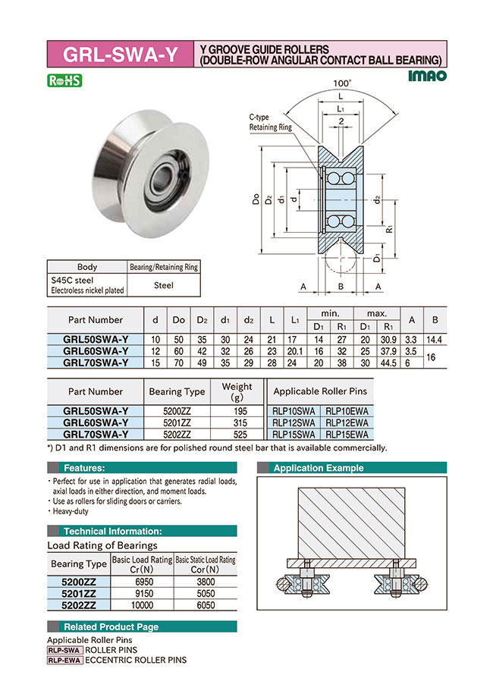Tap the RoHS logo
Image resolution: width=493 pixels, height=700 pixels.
(64, 80)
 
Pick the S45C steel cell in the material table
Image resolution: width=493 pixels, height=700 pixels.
(85, 284)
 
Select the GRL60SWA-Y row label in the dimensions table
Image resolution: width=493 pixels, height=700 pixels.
(96, 351)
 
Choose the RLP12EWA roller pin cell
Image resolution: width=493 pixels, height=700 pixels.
(347, 423)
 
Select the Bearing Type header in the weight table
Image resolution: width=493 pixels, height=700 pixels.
(176, 391)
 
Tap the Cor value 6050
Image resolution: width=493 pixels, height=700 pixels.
(205, 605)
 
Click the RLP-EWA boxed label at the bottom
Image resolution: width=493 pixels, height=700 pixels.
(64, 660)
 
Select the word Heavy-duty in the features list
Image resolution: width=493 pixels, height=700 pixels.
(71, 511)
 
